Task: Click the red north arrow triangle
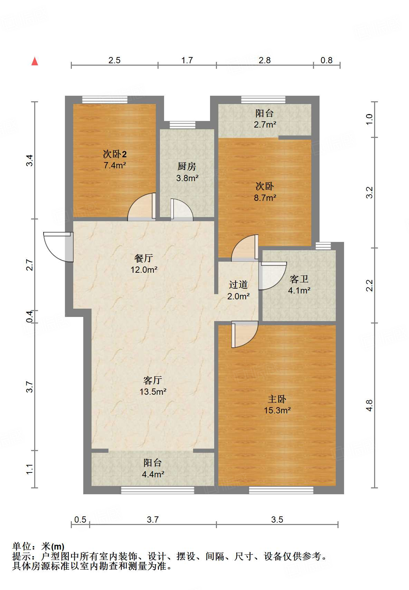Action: click(35, 61)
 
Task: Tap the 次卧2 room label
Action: click(115, 154)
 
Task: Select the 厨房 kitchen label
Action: click(187, 167)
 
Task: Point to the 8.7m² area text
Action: click(265, 198)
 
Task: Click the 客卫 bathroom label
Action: click(299, 279)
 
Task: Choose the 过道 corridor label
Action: click(238, 285)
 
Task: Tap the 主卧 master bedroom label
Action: click(277, 399)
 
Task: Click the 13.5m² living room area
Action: click(153, 392)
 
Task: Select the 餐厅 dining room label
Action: click(143, 258)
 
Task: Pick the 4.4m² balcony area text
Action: click(153, 474)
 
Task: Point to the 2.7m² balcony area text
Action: click(265, 124)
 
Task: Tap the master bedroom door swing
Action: click(245, 334)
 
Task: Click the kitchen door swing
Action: click(182, 210)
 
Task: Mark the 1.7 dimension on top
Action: click(187, 60)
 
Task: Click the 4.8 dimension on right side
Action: click(370, 405)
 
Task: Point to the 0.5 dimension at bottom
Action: click(80, 520)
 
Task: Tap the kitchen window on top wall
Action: click(182, 125)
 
